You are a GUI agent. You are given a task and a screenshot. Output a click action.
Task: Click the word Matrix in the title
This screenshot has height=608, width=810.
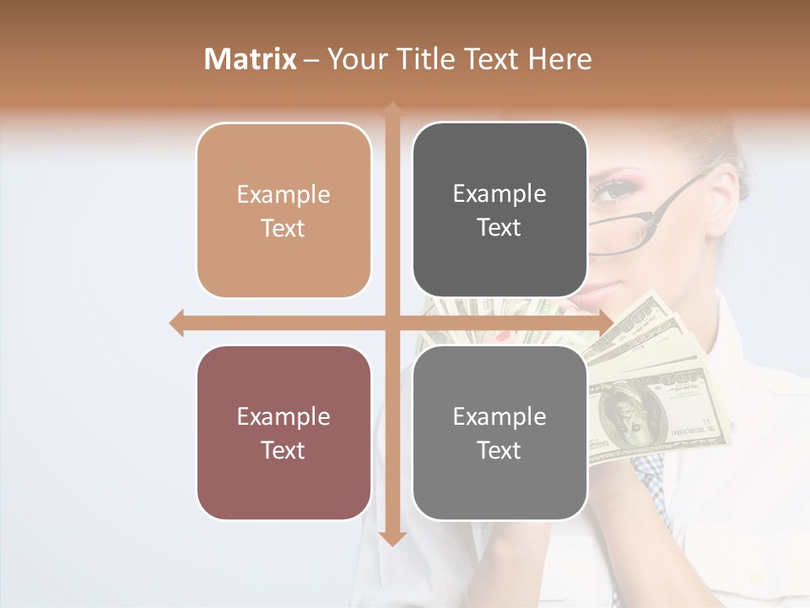(251, 59)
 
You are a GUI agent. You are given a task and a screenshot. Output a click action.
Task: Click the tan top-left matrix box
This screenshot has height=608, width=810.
(283, 210)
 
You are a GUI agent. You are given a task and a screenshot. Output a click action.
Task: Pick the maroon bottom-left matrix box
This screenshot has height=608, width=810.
(283, 432)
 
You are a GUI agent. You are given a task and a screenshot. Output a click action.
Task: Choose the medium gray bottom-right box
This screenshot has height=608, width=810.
(499, 432)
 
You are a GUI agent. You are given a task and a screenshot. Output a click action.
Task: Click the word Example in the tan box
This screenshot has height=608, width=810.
(283, 194)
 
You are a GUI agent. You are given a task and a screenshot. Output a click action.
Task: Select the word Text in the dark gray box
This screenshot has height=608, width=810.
(499, 227)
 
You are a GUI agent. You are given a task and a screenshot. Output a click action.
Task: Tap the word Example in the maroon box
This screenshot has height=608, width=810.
(283, 416)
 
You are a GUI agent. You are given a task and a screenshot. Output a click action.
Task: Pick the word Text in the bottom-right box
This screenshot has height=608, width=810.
(499, 450)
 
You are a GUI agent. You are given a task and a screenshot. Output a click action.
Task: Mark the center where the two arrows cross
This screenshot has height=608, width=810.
(392, 323)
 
